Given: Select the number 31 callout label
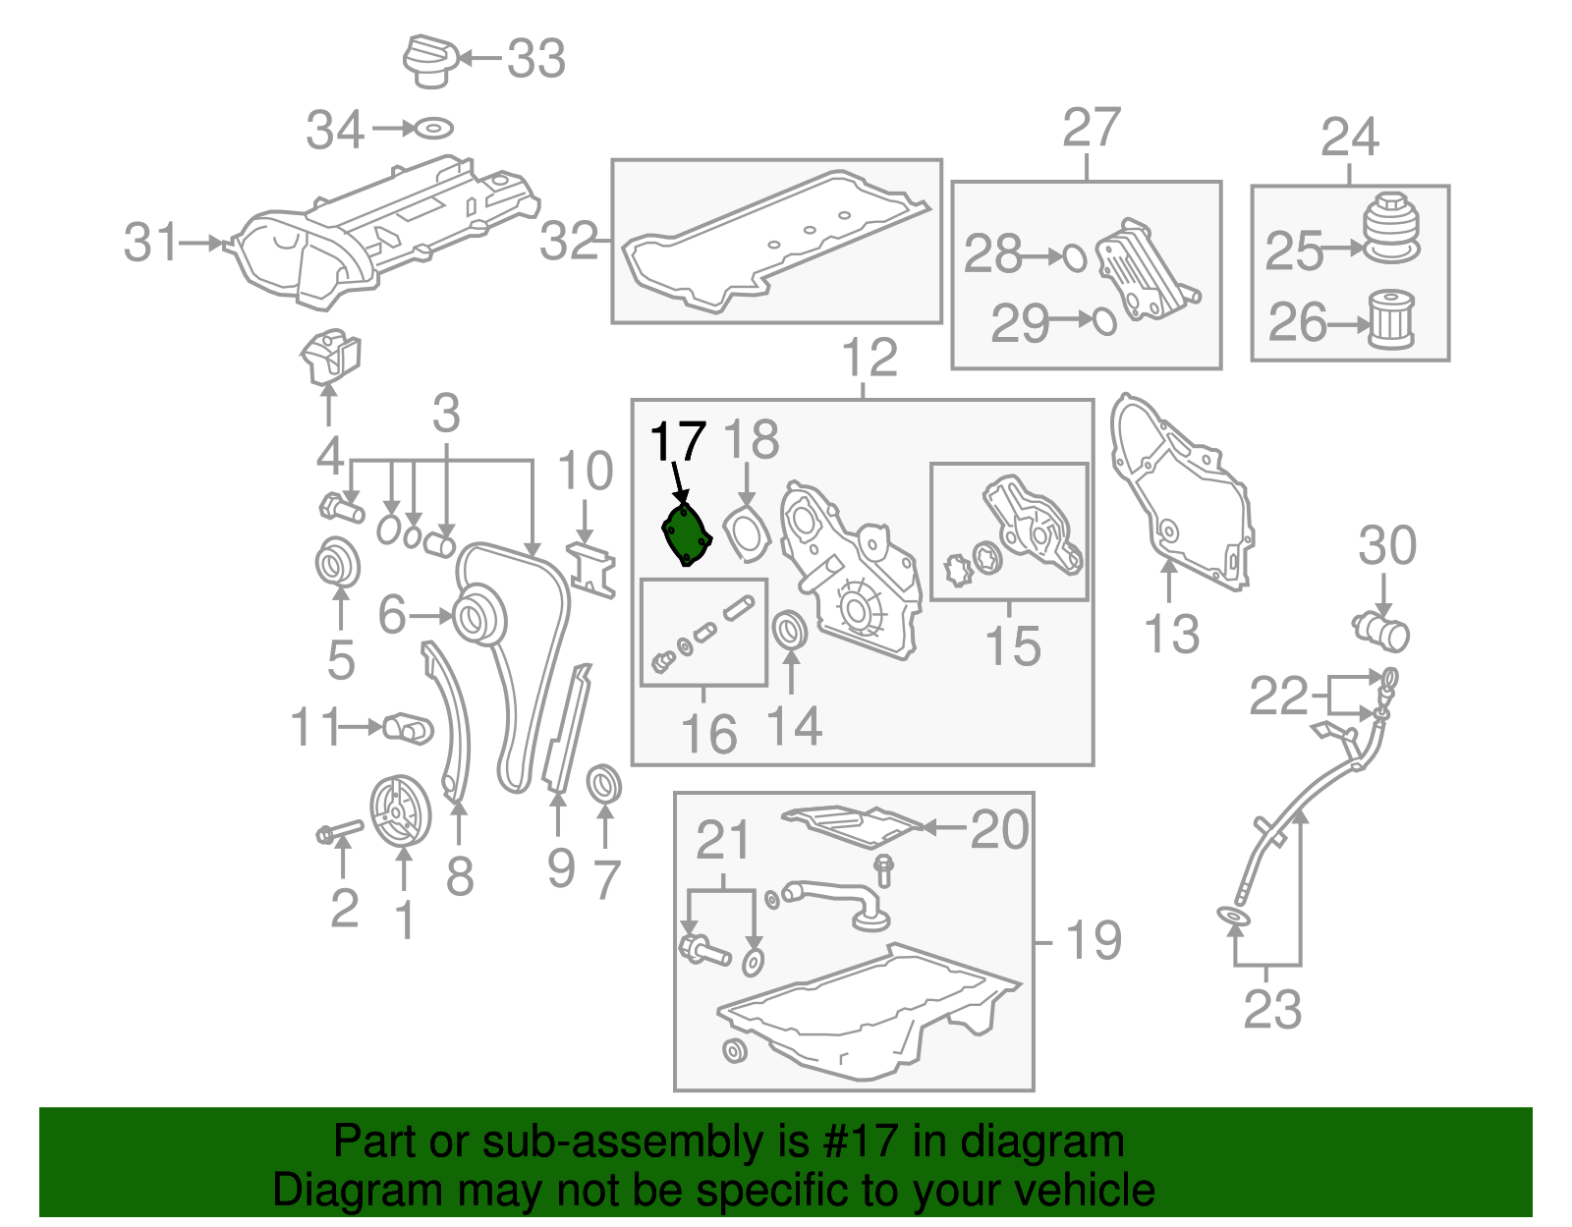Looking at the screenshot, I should click(x=151, y=243).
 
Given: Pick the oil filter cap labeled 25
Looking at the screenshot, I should click(x=1390, y=228).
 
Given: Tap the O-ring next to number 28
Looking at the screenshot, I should click(x=1075, y=257).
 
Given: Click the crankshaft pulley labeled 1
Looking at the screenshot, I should click(x=400, y=810).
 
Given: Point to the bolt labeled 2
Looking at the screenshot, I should click(x=337, y=833).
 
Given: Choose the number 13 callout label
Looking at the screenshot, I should click(x=1171, y=635).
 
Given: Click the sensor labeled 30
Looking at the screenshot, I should click(x=1383, y=631).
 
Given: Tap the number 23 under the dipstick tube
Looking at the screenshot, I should click(x=1271, y=1009).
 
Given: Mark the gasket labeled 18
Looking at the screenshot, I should click(x=747, y=533).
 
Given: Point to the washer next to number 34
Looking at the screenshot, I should click(x=432, y=129).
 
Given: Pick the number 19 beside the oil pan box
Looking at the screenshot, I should click(x=1093, y=940).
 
